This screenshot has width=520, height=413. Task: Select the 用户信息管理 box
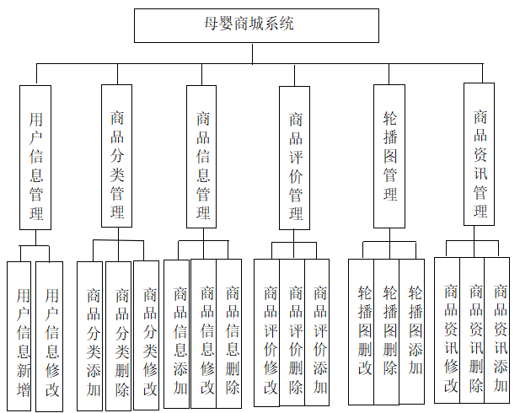pyautogui.click(x=35, y=157)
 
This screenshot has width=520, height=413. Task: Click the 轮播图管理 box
pyautogui.click(x=390, y=155)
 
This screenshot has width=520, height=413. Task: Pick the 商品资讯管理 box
pyautogui.click(x=480, y=153)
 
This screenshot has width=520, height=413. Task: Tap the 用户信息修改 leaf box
pyautogui.click(x=49, y=335)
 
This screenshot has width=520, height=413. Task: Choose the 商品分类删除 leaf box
pyautogui.click(x=119, y=335)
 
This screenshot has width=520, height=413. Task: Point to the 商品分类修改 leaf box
pyautogui.click(x=147, y=335)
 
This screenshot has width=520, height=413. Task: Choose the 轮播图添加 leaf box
pyautogui.click(x=413, y=330)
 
